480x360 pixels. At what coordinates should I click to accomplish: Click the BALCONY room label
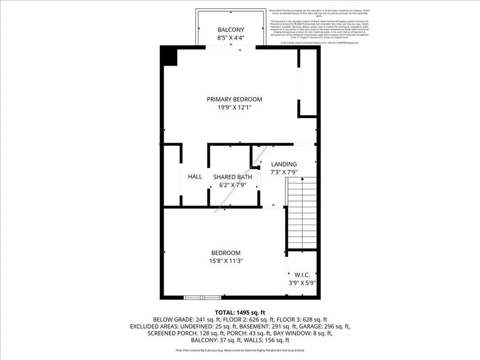coord(231,30)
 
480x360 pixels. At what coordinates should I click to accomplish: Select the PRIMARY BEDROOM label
coord(234,99)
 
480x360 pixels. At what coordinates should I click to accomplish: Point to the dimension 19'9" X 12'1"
coord(234,107)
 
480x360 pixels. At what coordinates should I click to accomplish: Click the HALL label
coord(195,177)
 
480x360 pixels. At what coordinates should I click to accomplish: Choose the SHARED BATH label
coord(232,177)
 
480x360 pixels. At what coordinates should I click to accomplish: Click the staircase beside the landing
coord(302,213)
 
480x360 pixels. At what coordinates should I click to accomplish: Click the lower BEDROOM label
coord(225,253)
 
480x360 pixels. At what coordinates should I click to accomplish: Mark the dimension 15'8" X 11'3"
coord(225,261)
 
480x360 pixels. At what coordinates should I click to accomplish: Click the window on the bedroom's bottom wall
coord(202,297)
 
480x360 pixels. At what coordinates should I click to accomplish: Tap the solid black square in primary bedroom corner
coord(169,56)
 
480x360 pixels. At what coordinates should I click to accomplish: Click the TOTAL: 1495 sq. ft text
coord(240,312)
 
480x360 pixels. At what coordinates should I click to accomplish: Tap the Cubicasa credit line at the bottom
coord(240,350)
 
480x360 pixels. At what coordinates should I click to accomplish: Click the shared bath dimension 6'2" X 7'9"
coord(232,185)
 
